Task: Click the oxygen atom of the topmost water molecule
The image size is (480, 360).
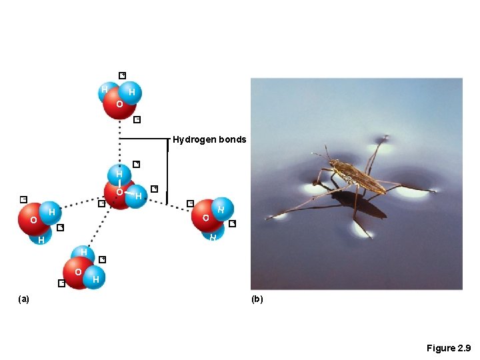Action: pos(119,105)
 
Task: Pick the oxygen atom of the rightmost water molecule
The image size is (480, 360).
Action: pos(207,217)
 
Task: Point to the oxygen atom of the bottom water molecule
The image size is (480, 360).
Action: pos(79,273)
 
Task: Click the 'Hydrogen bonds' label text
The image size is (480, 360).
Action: pos(209,140)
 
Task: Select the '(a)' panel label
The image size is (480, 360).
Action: pos(24,299)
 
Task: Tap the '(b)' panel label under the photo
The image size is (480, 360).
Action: pos(257,299)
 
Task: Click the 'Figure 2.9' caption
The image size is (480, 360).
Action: pos(449,348)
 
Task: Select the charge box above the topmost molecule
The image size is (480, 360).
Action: pos(122,75)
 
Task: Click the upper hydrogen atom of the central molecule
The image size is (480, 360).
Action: pos(119,174)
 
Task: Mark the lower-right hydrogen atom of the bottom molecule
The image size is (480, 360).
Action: pos(97,279)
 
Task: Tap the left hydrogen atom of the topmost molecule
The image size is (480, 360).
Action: pos(105,90)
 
